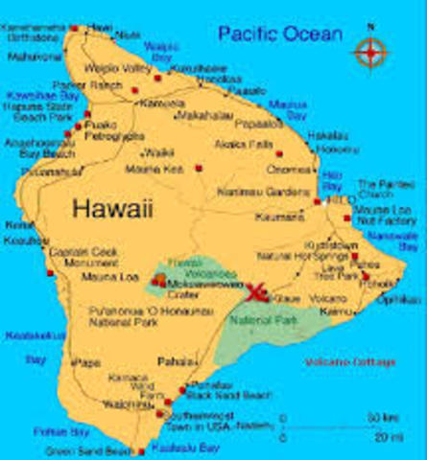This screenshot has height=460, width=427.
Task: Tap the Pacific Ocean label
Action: pos(280,34)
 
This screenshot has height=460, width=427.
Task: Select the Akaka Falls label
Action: pos(238,144)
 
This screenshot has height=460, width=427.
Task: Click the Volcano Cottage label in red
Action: pos(349,362)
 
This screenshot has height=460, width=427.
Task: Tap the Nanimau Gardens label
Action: pos(279,191)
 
